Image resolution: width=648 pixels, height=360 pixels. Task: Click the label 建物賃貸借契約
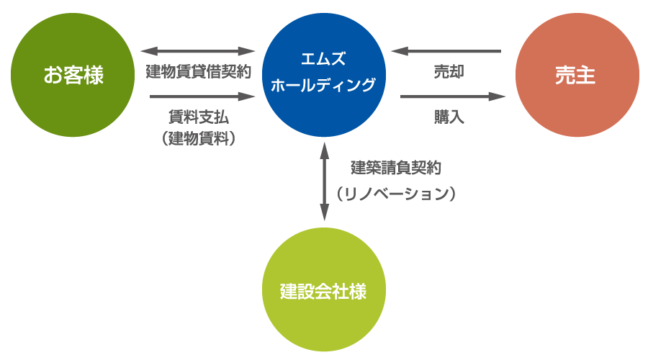tap(198, 73)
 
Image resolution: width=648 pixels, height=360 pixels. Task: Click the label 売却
tap(449, 73)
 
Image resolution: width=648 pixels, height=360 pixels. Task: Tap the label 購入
tap(449, 117)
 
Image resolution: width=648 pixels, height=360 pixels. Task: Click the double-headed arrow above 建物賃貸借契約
tap(198, 51)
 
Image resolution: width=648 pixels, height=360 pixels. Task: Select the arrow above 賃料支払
tap(203, 96)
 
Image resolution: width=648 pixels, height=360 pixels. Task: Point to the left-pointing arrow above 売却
tap(446, 51)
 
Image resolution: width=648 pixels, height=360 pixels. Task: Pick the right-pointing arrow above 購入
tap(453, 96)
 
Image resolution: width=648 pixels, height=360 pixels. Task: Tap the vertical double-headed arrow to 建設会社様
tap(325, 181)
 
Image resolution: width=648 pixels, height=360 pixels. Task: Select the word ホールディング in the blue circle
tap(323, 85)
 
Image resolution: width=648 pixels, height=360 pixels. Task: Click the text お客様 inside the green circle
tap(73, 75)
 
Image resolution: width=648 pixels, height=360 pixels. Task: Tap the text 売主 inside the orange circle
tap(576, 75)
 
